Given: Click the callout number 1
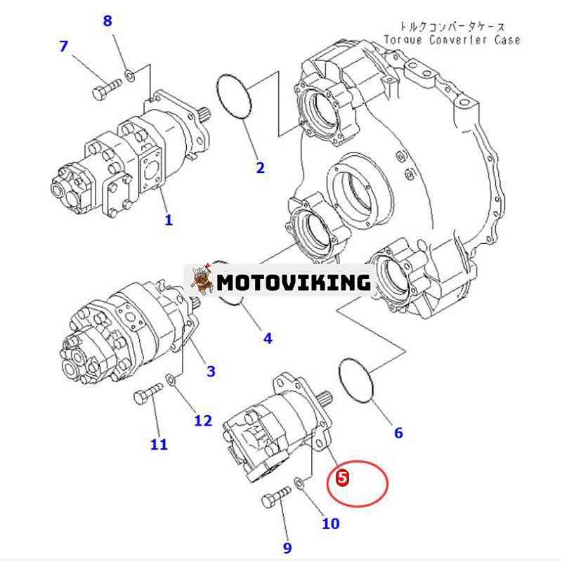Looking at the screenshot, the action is tap(169, 219).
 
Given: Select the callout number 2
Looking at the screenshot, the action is tap(260, 167).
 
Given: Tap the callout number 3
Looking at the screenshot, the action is tap(211, 371).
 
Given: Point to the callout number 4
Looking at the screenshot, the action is tap(268, 338).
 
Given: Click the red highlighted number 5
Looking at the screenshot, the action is tap(342, 478).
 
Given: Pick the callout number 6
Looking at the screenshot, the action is tap(398, 433).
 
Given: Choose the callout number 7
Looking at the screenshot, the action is tap(63, 46).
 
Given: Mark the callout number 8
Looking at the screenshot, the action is tap(107, 21).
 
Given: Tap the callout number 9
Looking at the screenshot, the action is tap(287, 547).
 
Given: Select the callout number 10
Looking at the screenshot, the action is tap(330, 523).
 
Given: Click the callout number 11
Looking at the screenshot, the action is tap(159, 445).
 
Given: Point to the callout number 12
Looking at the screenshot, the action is tap(203, 420).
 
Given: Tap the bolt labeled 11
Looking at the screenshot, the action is tap(148, 393).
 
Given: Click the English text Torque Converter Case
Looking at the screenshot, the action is tap(452, 39).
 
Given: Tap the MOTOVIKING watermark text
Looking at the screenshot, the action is tap(294, 282).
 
